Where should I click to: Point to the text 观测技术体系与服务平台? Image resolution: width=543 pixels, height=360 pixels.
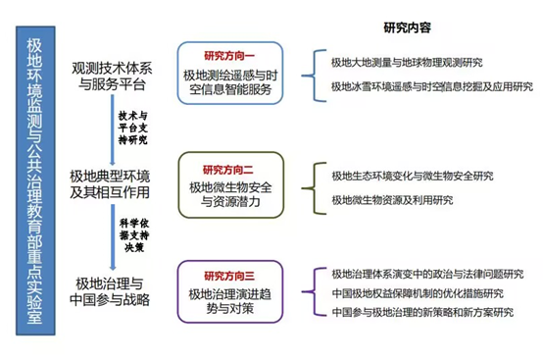click(110, 78)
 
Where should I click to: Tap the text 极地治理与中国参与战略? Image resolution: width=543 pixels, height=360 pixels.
click(110, 292)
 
